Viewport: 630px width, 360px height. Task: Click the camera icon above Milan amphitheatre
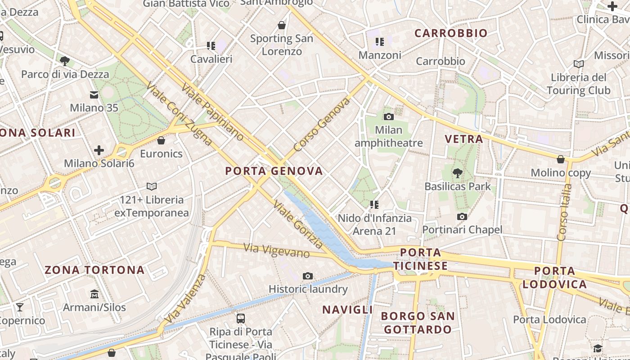point(389,117)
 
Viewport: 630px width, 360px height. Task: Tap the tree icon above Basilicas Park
point(458,172)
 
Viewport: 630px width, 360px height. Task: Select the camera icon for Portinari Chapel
point(462,217)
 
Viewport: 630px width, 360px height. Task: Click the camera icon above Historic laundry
point(308,276)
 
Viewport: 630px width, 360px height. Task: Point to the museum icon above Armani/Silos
point(94,294)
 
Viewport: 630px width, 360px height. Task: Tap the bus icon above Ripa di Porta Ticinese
point(241,319)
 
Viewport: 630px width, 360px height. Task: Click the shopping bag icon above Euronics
point(161,140)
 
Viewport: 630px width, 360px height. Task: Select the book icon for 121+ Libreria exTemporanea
point(152,186)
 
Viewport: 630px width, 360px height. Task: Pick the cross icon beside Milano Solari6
point(99,150)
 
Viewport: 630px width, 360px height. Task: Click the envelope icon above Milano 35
point(94,95)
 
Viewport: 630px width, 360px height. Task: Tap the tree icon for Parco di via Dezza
point(65,61)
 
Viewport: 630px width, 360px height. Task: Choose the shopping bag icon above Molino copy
point(561,159)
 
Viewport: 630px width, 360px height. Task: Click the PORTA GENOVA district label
point(274,171)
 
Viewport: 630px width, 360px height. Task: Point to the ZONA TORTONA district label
point(94,270)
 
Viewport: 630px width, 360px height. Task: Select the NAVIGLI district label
point(347,310)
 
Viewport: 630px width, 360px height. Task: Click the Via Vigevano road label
point(276,250)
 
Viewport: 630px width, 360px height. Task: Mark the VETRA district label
point(464,139)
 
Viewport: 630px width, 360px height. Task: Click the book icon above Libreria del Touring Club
point(579,64)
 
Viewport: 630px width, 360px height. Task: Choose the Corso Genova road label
point(321,125)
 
